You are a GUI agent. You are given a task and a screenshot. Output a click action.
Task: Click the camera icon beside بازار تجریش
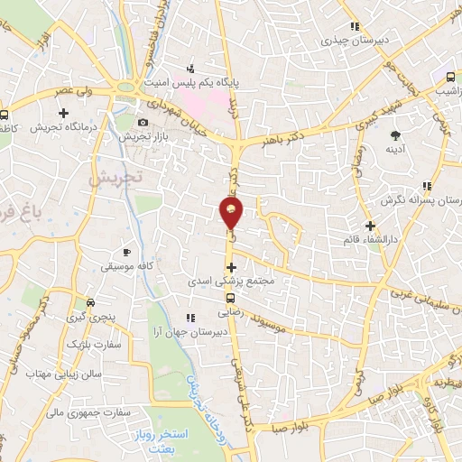point(143,122)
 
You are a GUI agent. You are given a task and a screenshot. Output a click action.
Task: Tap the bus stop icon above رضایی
point(230,297)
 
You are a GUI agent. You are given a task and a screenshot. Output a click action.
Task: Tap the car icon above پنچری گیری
point(90,302)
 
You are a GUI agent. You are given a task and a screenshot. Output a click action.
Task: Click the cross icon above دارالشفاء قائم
point(370,225)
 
